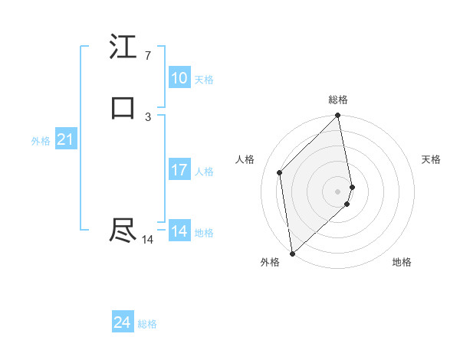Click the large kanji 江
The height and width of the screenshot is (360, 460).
[123, 48]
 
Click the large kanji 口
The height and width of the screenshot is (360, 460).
[123, 108]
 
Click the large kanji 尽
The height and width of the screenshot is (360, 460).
[123, 231]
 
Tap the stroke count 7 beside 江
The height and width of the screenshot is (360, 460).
[147, 56]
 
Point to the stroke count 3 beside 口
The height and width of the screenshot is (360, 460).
[148, 116]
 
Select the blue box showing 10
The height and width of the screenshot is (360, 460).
[179, 78]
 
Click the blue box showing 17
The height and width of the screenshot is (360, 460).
[179, 170]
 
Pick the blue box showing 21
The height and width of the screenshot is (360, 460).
[65, 139]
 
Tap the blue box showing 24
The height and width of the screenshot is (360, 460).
[123, 323]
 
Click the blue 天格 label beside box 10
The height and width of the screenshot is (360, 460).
[204, 80]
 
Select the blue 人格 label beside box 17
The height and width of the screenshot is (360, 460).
[205, 172]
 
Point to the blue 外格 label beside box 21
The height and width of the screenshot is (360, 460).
[41, 141]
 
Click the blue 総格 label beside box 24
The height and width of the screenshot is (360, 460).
[147, 325]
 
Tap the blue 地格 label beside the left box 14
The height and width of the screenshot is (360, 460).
[204, 233]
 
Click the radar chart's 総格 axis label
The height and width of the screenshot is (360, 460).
[338, 100]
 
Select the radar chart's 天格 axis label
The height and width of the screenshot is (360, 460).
[431, 159]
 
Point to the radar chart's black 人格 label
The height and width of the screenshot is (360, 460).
[245, 159]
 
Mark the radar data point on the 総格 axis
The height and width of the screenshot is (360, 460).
[338, 116]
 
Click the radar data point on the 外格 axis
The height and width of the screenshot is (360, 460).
[292, 253]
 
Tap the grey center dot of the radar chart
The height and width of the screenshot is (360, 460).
[338, 191]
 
